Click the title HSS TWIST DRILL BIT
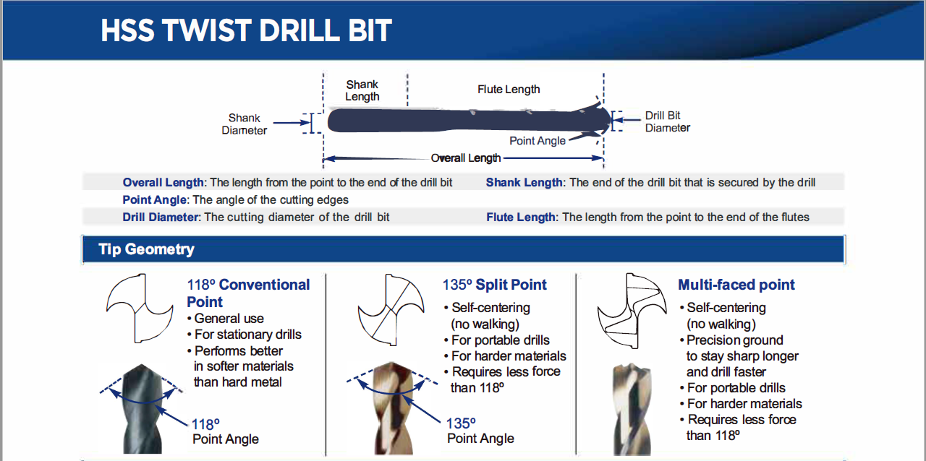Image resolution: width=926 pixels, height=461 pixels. [247, 30]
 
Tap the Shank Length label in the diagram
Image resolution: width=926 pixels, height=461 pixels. [362, 90]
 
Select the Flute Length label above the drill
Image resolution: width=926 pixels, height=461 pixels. [509, 89]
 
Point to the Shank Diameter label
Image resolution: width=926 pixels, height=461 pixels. [245, 124]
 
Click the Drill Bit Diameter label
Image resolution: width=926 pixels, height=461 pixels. [667, 121]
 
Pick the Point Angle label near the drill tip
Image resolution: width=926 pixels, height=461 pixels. [537, 141]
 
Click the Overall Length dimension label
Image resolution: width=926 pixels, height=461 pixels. [465, 158]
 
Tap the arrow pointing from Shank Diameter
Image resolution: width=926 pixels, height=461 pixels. [292, 123]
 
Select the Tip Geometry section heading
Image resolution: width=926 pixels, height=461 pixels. [146, 249]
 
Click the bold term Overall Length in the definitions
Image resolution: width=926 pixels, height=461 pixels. [163, 183]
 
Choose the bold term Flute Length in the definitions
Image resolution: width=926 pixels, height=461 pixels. [520, 217]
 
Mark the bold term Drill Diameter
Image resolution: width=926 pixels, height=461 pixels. [161, 217]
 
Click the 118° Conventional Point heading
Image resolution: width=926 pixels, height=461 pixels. [248, 293]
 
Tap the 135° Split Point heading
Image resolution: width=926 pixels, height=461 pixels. [494, 285]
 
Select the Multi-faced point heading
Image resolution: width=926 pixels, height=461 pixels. [736, 285]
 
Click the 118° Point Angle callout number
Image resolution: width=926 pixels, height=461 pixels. [205, 424]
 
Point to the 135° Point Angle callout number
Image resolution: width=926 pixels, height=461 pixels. [461, 423]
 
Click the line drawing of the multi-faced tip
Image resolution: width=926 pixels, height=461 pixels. [632, 311]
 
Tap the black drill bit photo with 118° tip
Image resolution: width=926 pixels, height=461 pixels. [143, 408]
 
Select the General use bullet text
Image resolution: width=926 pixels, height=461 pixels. [229, 319]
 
